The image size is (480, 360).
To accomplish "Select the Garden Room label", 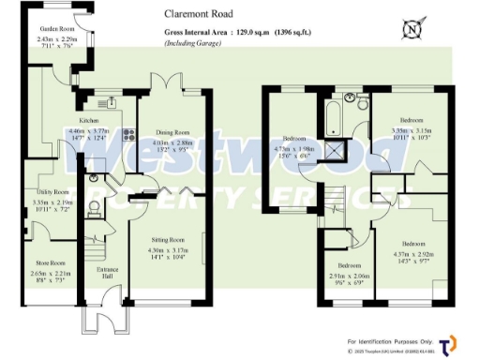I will coord(55,27).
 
